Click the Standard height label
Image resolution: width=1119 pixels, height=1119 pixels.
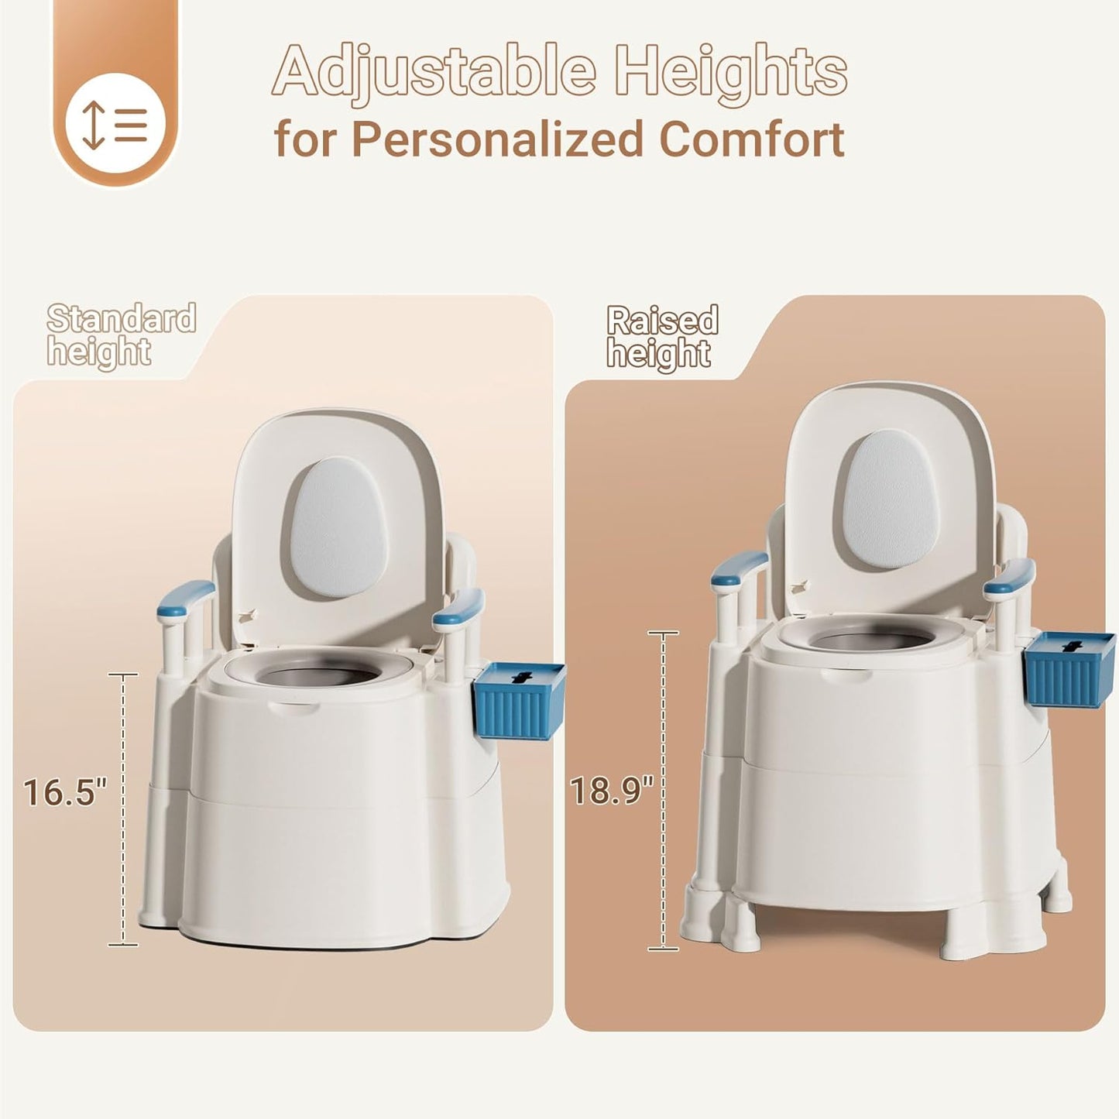(x=122, y=335)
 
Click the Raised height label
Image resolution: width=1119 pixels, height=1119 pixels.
(x=662, y=337)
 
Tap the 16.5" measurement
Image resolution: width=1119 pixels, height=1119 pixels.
(x=65, y=793)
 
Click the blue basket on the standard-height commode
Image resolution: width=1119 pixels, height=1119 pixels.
(x=520, y=700)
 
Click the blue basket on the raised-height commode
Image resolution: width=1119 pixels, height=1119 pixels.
(x=1069, y=669)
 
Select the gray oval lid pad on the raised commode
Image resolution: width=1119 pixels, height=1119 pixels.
(x=891, y=500)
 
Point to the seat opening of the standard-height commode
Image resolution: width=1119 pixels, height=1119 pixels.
(x=318, y=674)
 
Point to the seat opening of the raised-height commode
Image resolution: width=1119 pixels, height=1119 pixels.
(x=870, y=640)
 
